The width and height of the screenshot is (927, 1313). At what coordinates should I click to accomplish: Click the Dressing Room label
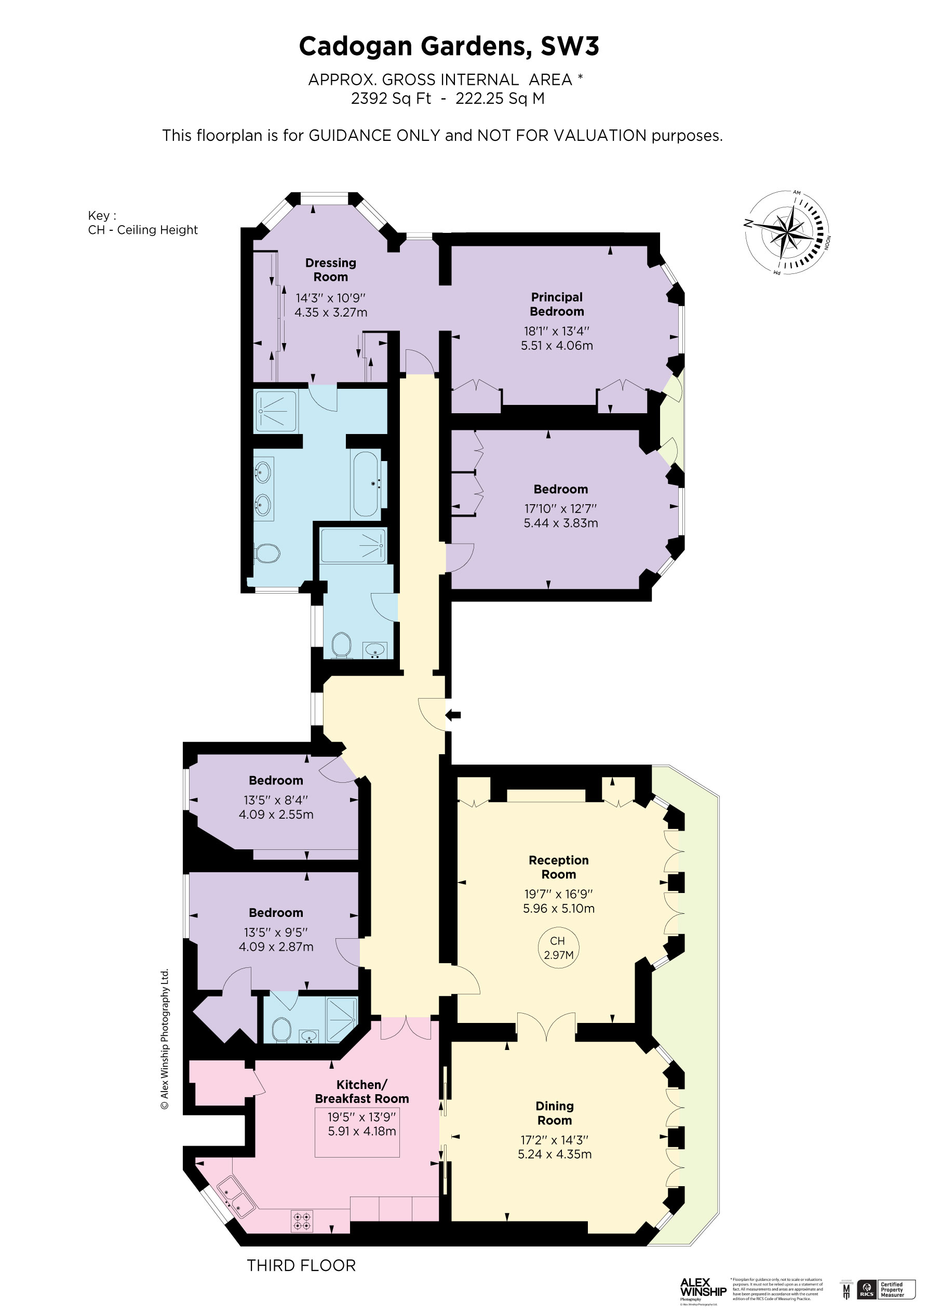click(x=330, y=270)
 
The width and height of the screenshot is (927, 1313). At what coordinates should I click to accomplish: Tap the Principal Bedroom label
click(x=557, y=304)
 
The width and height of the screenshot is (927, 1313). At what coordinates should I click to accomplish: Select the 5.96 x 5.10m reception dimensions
click(x=558, y=908)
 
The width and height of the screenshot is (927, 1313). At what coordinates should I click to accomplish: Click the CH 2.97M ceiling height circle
click(x=558, y=948)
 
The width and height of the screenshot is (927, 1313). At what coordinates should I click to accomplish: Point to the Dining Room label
click(x=554, y=1113)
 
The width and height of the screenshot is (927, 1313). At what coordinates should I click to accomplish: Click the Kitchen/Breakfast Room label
click(x=362, y=1091)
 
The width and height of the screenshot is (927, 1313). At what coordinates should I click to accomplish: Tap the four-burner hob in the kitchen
click(x=302, y=1222)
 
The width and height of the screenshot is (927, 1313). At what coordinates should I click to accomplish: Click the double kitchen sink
click(x=235, y=1195)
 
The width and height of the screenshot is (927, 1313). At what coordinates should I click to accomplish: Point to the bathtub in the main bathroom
click(x=366, y=484)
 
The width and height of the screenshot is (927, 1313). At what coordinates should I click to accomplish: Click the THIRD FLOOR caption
click(x=301, y=1266)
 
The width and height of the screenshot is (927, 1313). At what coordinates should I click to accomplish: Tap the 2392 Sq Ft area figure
click(x=391, y=98)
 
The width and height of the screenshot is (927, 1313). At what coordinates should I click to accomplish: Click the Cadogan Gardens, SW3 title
click(x=449, y=46)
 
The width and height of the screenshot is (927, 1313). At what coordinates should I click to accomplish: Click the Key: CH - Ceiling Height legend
click(x=142, y=223)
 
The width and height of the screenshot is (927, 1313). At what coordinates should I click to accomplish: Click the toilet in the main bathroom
click(x=267, y=553)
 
